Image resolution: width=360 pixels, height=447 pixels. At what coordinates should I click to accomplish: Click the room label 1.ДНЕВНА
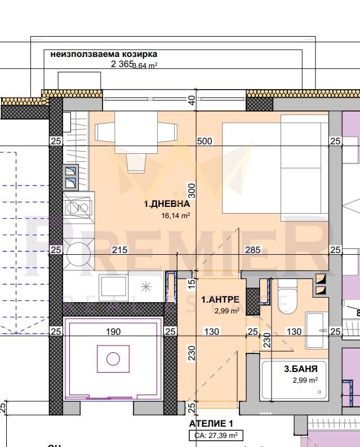point(166,205)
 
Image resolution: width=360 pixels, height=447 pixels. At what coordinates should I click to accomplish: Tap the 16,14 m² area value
point(175,215)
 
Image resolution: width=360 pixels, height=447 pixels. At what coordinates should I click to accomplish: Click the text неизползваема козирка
point(104,55)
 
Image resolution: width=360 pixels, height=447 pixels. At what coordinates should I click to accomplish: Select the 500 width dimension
point(205,141)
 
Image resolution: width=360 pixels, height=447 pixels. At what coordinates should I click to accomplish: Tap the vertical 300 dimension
point(192,191)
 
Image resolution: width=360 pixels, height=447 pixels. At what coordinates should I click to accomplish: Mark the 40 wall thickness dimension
point(192,100)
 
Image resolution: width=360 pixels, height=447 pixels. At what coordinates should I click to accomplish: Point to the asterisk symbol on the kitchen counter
point(146,286)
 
